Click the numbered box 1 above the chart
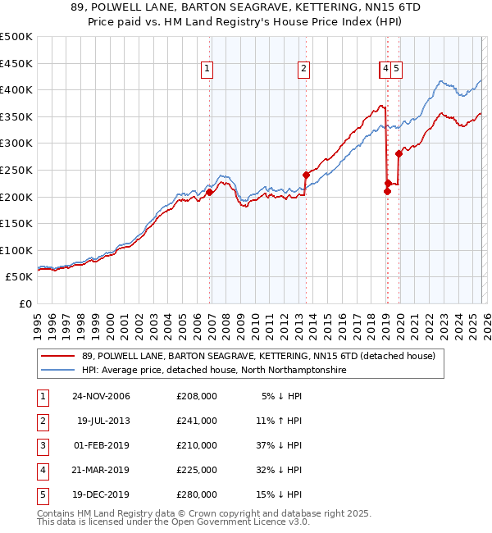(x=208, y=70)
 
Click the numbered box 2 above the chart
(x=303, y=70)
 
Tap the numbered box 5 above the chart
(x=396, y=70)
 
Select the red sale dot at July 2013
(x=306, y=175)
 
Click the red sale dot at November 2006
(x=209, y=193)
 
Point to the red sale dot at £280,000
(x=399, y=153)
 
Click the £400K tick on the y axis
(x=16, y=90)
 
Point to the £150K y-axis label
(x=16, y=224)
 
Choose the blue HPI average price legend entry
(x=213, y=371)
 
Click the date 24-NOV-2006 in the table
(x=101, y=397)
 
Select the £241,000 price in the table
(x=197, y=421)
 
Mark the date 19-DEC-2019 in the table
(x=101, y=495)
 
